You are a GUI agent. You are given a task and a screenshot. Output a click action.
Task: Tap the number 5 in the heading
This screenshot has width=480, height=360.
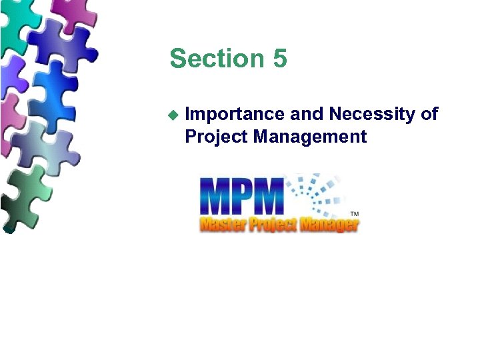(x=280, y=59)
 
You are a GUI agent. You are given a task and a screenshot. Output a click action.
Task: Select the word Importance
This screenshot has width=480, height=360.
(x=235, y=115)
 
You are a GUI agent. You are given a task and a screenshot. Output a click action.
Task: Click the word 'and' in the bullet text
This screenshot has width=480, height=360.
(x=307, y=114)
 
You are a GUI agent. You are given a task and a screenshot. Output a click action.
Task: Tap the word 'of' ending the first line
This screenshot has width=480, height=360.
(x=429, y=114)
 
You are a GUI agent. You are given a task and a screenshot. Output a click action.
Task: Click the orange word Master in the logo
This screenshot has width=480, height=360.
(x=222, y=223)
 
